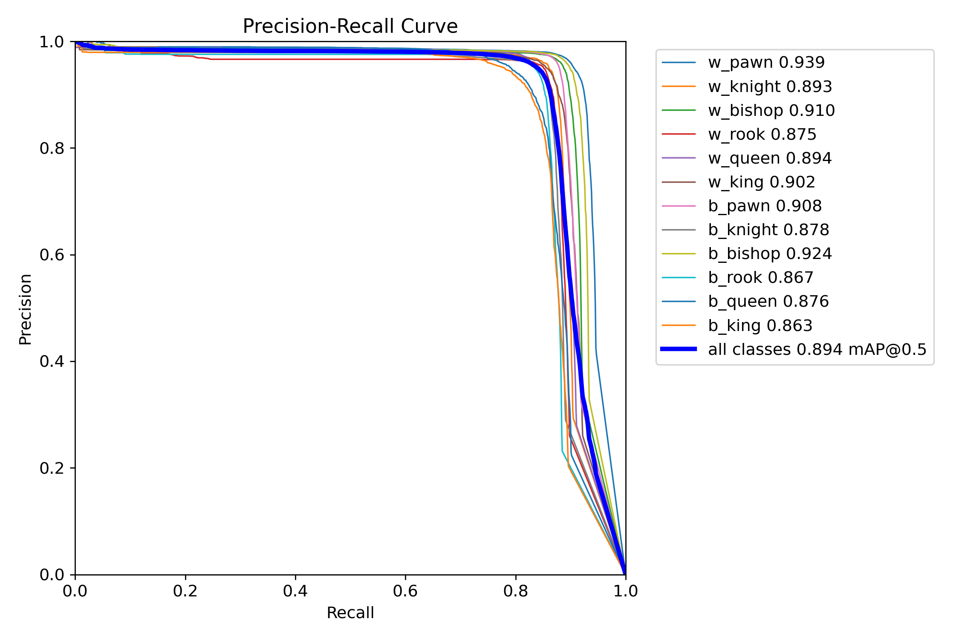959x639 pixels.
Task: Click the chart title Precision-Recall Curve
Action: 350,26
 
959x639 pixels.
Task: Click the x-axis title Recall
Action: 350,613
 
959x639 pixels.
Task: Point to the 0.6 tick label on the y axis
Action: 52,255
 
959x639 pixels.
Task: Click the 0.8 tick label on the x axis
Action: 516,591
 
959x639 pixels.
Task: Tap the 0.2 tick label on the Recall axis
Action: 185,591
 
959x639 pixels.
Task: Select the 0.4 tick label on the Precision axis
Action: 52,361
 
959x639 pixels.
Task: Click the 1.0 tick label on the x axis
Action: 625,591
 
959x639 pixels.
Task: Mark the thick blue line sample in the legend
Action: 679,349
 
